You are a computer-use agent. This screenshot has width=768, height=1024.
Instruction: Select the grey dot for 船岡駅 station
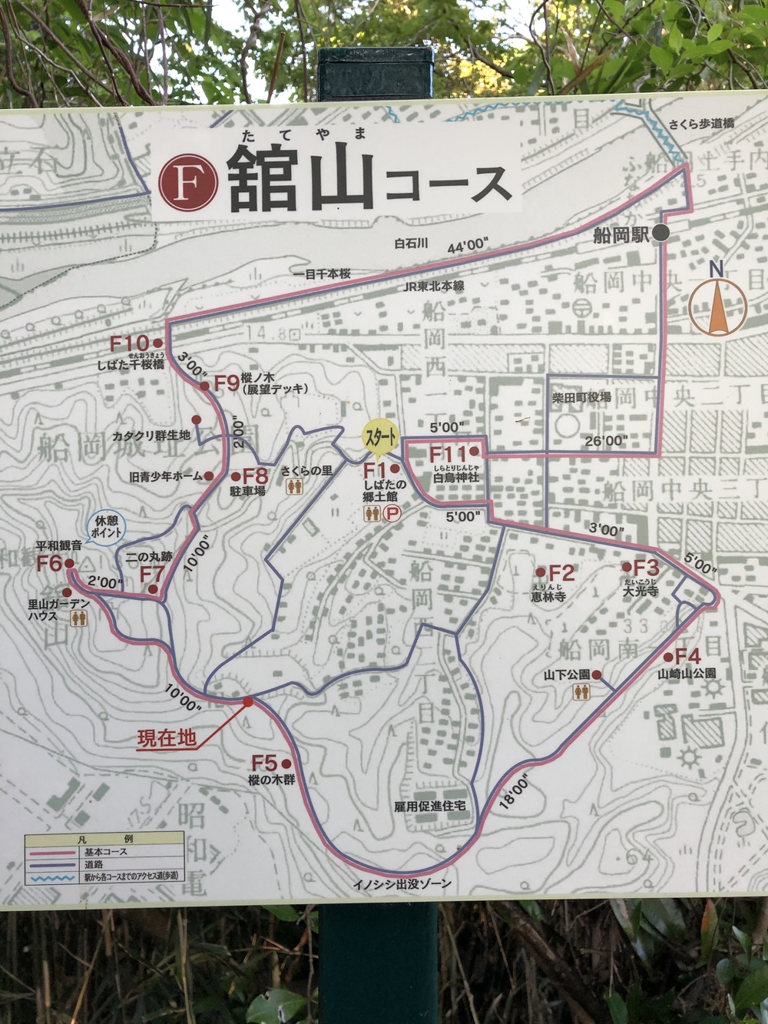(x=661, y=234)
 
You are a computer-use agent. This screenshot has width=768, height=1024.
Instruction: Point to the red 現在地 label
(x=167, y=739)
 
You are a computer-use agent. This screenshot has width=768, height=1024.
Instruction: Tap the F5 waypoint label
(x=263, y=763)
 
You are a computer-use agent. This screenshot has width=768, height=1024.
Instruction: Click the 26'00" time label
(x=606, y=441)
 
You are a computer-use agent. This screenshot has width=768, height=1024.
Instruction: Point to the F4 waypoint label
(x=687, y=657)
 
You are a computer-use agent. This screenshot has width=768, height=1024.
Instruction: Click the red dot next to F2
(x=541, y=572)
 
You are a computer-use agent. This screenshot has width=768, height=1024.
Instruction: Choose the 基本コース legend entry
(x=106, y=852)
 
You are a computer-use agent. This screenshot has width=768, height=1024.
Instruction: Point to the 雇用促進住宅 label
(x=430, y=807)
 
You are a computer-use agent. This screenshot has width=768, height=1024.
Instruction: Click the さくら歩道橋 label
(x=701, y=123)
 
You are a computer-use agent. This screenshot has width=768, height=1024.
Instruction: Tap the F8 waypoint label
(x=255, y=476)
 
